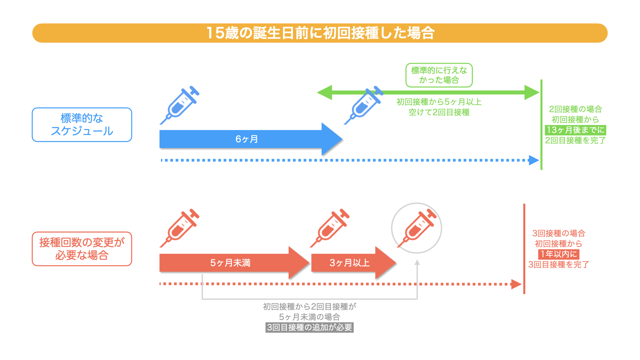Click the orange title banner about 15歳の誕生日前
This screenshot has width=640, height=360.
320,33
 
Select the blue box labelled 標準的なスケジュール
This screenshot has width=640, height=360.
82,125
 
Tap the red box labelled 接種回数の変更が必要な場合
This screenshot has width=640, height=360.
82,249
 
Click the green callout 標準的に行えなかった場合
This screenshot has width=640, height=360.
439,75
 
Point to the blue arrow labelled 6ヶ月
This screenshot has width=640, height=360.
247,139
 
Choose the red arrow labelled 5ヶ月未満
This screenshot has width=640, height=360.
230,263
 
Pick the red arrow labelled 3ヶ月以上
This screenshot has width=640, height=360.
350,263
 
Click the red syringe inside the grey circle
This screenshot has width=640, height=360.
417,228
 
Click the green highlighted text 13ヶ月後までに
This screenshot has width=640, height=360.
576,130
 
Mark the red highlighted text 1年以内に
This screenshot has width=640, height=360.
559,254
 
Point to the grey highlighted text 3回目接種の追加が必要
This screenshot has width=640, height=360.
309,328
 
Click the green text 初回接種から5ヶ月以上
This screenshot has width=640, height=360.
439,102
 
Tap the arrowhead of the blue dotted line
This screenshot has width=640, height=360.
534,160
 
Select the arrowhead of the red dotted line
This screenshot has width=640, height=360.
516,284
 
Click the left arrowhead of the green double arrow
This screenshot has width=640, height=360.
324,92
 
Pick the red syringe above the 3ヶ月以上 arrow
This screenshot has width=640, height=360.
330,228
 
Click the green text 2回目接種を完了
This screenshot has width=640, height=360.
576,141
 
